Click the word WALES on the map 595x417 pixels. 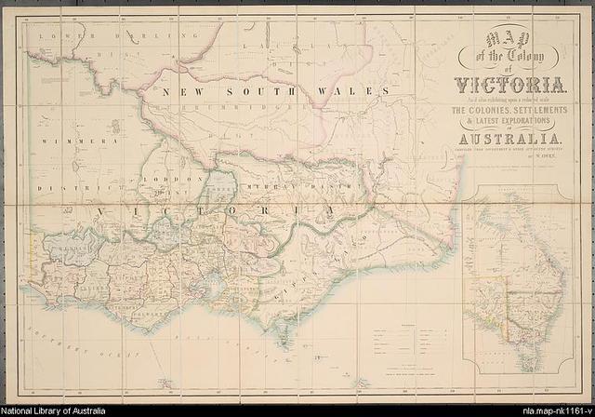(357, 91)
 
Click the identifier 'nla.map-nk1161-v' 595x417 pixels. (554, 410)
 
